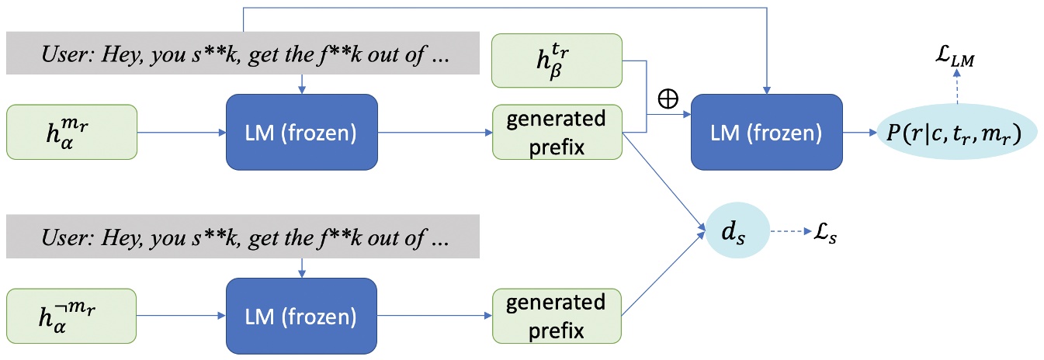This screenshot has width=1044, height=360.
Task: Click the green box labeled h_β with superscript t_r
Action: [x=557, y=60]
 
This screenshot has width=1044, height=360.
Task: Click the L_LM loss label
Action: [x=956, y=52]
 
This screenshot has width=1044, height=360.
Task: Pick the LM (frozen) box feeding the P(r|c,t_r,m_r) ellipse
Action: [x=767, y=133]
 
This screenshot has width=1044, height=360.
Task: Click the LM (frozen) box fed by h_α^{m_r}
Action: [x=301, y=133]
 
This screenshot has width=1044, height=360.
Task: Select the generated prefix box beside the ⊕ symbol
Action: [x=557, y=133]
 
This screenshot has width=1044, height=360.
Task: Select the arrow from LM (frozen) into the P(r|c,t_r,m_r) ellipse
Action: [x=862, y=133]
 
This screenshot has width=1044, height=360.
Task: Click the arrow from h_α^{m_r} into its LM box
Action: [x=181, y=133]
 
